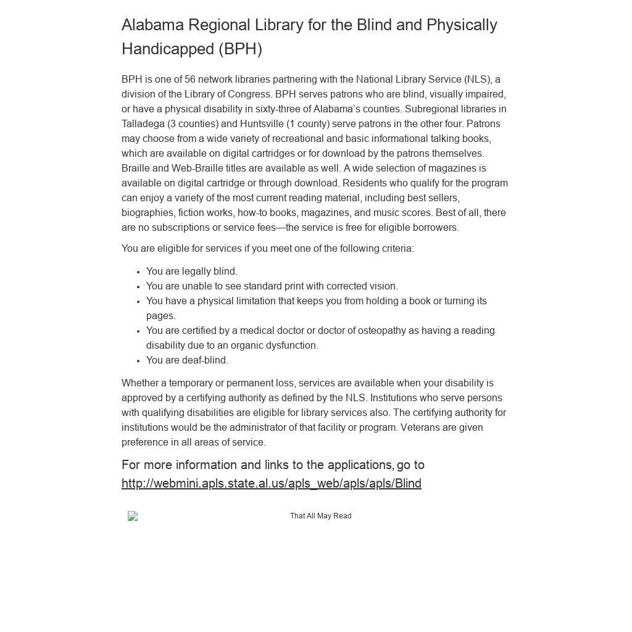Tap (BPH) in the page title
pos(241,49)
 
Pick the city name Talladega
pos(143,124)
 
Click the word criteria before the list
pos(396,249)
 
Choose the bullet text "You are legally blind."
pos(192,272)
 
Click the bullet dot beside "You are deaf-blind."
pos(139,360)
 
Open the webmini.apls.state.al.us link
pos(272,484)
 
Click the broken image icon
pos(133,516)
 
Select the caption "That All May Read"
pos(320,516)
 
